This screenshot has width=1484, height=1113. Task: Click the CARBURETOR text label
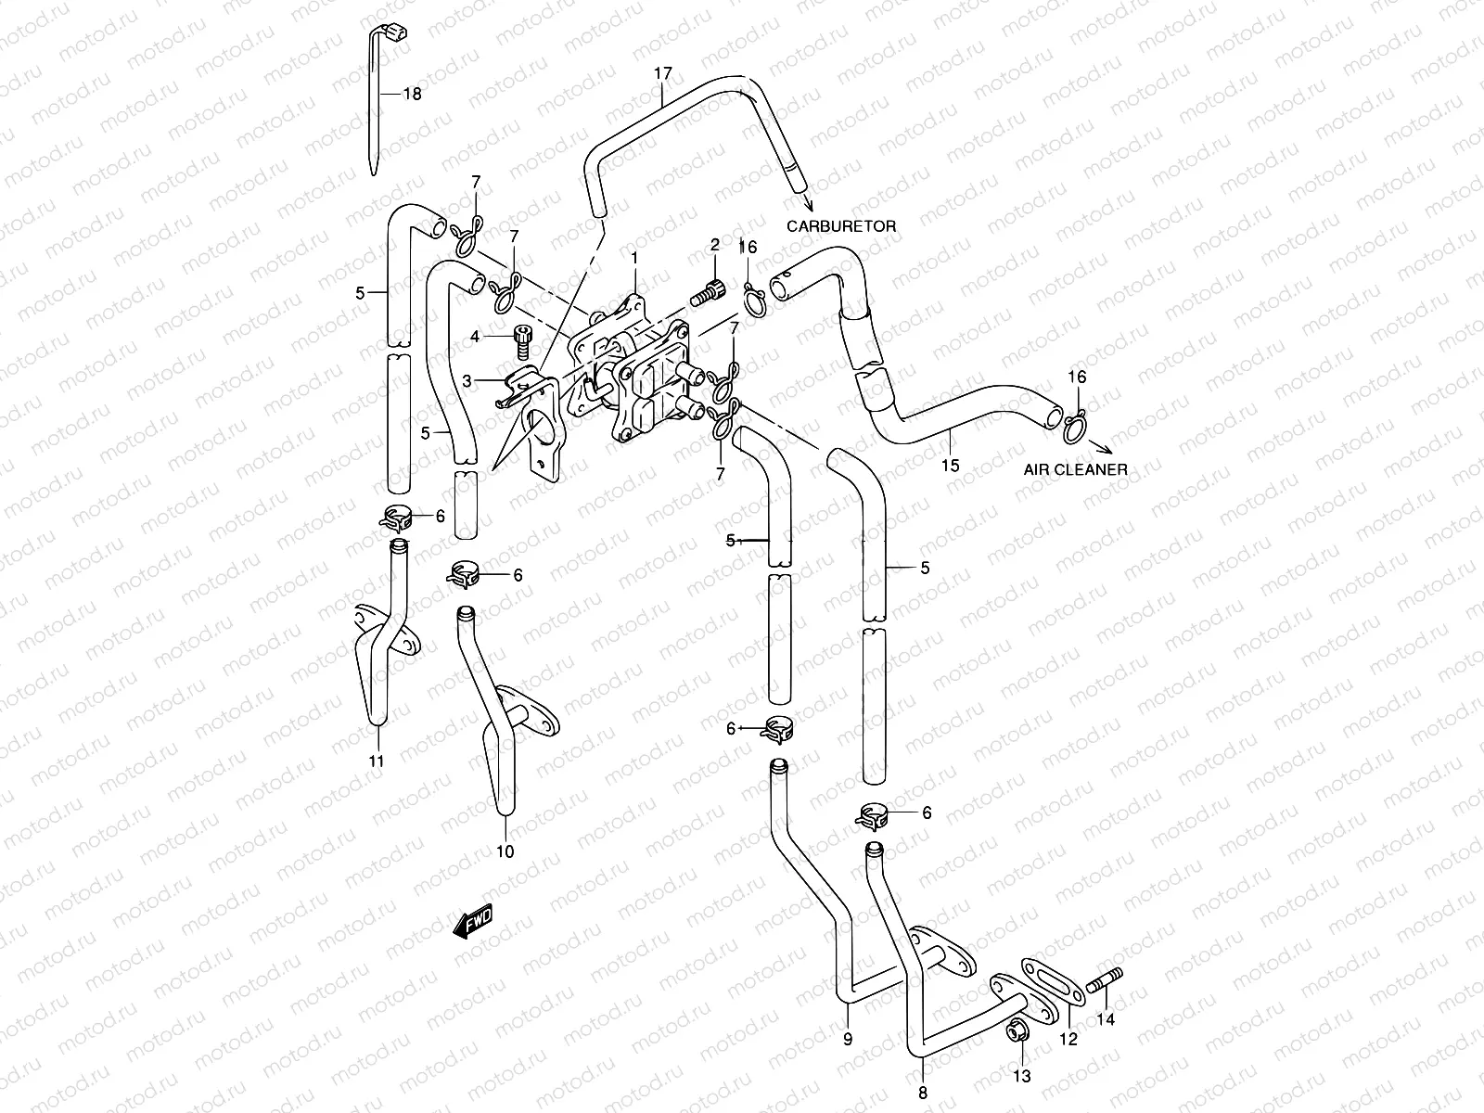854,225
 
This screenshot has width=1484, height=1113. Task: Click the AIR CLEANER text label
1075,469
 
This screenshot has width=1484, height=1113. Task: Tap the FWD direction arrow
473,922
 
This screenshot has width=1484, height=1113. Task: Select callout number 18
412,95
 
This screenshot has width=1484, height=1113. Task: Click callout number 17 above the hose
662,72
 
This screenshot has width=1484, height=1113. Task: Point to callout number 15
950,466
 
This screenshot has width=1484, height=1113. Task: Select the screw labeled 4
524,343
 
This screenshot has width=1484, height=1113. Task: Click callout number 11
377,761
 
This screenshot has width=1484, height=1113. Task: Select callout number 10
505,851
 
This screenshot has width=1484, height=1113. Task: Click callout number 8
922,1093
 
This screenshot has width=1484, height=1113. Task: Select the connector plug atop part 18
397,35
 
